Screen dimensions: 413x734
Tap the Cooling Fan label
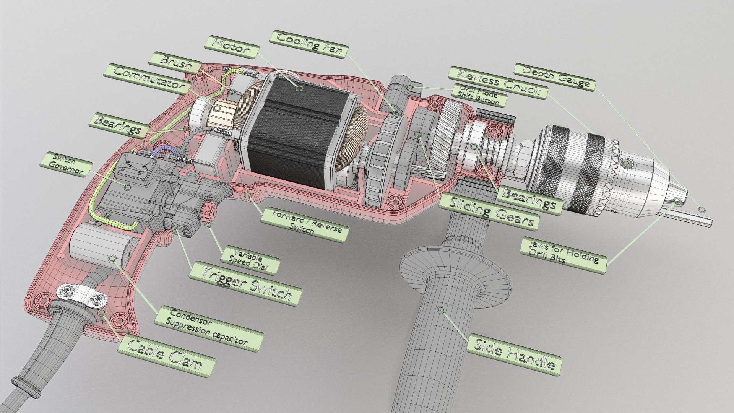coord(309,45)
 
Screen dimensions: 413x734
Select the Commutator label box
coord(148,79)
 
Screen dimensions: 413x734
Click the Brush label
coord(176,62)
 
